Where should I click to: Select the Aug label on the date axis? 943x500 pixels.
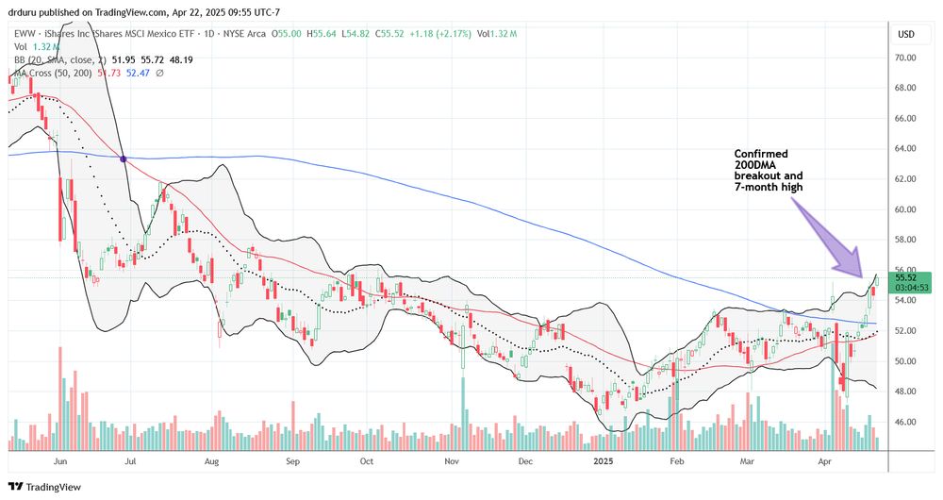[210, 463]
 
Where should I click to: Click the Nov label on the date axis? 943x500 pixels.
[451, 463]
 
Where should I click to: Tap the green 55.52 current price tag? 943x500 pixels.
[911, 280]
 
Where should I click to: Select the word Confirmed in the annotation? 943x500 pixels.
[763, 153]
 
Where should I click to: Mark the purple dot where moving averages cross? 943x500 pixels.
[124, 158]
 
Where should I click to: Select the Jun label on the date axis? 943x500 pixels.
[58, 463]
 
